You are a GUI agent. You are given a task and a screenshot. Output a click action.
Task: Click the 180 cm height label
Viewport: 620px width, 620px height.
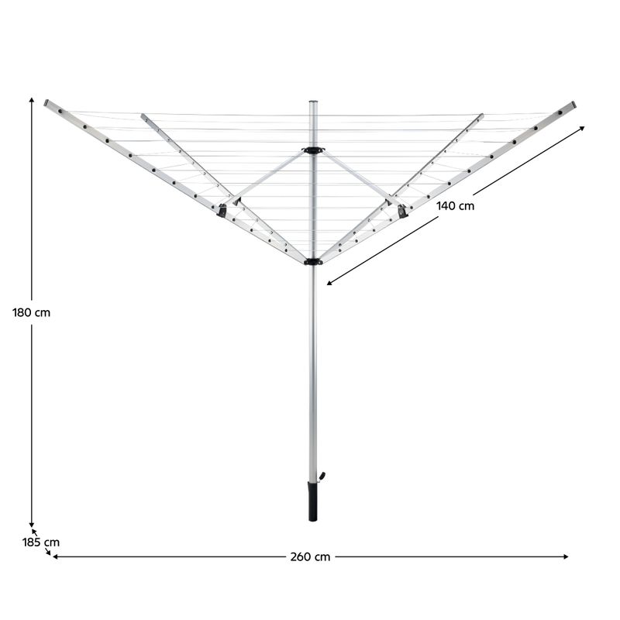coord(31,313)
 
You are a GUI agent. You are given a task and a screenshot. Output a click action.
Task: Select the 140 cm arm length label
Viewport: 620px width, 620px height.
coord(455,205)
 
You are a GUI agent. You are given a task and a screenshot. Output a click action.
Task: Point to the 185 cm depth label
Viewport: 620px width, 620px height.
coord(41,542)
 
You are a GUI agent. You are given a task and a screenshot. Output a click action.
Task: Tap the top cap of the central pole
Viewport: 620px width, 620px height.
coord(314,103)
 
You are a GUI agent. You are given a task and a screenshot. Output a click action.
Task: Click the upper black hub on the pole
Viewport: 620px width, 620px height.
coord(314,150)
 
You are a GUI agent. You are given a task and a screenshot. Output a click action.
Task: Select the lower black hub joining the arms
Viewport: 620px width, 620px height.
coord(313,262)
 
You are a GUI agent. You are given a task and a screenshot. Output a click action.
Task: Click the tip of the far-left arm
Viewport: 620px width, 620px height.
coord(47,102)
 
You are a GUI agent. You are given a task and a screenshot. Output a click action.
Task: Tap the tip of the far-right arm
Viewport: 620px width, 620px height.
coord(573,104)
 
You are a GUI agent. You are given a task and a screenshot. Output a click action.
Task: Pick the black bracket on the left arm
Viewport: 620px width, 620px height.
coord(222,208)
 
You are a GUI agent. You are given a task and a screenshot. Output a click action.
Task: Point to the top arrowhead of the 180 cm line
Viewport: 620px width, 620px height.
coord(32,100)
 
